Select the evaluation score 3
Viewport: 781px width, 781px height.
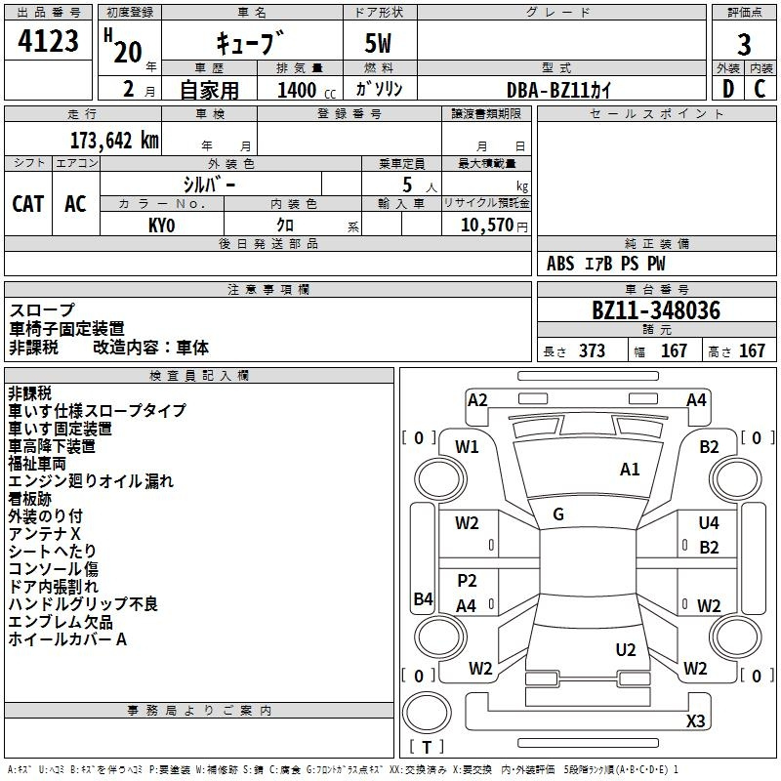point(744,45)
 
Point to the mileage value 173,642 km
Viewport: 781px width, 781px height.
point(114,140)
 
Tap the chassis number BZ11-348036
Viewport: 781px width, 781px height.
point(656,310)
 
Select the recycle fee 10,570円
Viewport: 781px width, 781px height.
point(485,226)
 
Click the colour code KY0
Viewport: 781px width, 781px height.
point(162,226)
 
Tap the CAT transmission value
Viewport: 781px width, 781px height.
point(28,203)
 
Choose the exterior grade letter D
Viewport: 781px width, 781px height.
point(727,89)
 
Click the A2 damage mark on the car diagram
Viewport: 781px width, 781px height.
point(477,399)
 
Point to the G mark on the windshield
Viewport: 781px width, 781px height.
point(558,514)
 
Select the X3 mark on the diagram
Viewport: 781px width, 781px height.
point(695,721)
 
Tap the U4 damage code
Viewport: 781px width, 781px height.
point(709,523)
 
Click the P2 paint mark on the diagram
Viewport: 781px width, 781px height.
point(467,581)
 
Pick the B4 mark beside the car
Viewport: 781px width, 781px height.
point(423,598)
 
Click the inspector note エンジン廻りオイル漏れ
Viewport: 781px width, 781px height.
point(91,480)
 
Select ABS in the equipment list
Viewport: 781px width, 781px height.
point(560,264)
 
